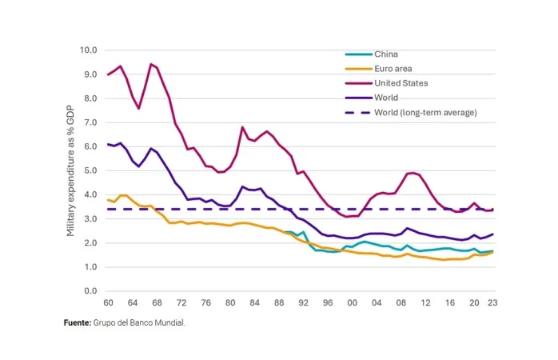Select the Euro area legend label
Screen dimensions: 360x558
point(392,68)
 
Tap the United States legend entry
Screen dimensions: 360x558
point(401,82)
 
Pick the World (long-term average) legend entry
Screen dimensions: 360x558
point(424,112)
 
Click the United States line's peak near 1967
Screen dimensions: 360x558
point(150,64)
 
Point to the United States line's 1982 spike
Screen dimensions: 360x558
point(242,127)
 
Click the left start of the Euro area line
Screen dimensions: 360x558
point(108,199)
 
